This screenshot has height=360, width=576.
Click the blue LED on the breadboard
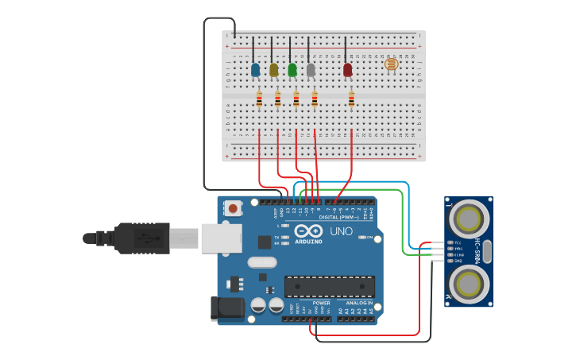255,70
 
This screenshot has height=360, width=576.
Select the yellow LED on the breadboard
274,70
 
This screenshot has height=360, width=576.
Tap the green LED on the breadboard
292,70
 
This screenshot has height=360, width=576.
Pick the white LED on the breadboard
311,70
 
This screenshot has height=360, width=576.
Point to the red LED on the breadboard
347,70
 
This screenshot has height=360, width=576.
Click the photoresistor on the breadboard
390,64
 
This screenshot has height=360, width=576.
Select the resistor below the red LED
352,99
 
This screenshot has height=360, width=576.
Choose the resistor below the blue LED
259,99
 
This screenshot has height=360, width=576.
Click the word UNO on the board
342,230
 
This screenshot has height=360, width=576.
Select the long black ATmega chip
329,286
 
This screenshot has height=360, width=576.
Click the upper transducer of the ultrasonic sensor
470,217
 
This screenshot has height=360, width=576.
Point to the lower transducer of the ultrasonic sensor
470,282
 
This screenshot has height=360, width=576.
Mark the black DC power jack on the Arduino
224,309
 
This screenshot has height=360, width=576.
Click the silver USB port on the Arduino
220,238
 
